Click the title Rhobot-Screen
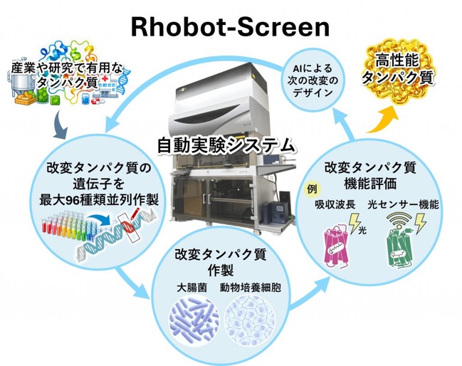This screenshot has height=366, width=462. pos(230,27)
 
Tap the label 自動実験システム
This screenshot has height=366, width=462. pos(226,145)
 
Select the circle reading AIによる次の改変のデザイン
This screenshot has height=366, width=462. pos(313,80)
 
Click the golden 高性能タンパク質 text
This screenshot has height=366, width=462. pos(398,70)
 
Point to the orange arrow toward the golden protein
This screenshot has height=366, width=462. pos(383,121)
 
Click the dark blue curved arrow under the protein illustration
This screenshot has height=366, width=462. pos(61,125)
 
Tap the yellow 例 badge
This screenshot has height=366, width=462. pos(311,189)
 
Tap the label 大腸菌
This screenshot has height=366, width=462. pos(191,287)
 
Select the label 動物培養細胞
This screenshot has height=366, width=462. pos(251,287)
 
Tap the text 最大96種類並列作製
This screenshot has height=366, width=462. pos(99,200)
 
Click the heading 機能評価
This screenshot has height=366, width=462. pos(370,184)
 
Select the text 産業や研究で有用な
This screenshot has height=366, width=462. pos(67,68)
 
